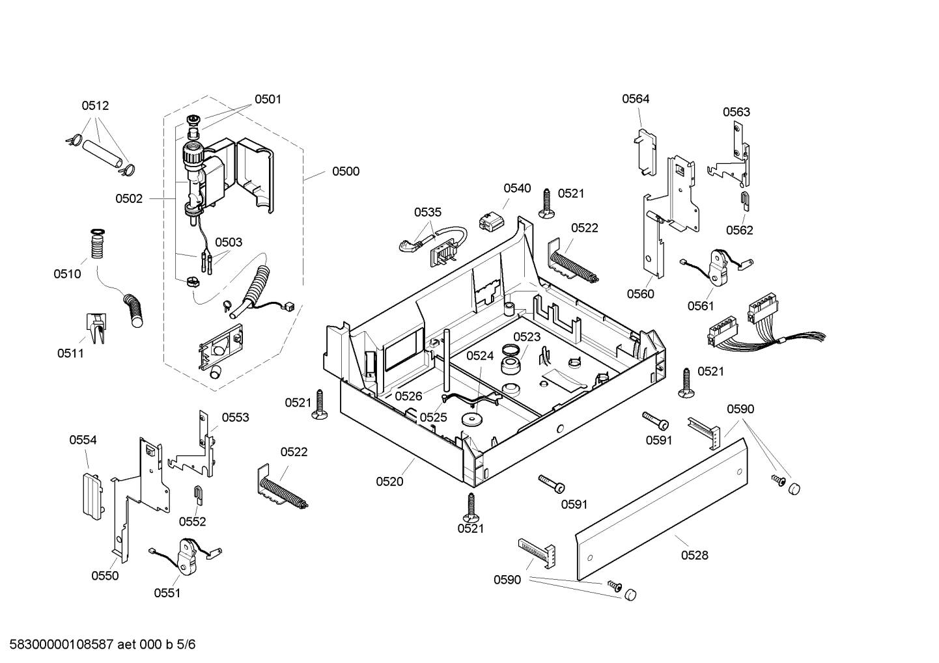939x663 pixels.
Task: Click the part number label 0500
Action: coord(345,172)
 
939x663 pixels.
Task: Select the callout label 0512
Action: coord(95,106)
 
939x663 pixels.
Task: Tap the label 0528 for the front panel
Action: coord(694,555)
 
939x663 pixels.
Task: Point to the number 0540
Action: coord(517,189)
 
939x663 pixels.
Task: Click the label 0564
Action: coord(635,99)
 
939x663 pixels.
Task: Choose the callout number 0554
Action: coord(83,440)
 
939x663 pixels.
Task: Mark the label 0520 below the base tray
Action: coord(389,481)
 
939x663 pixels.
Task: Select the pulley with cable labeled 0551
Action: coord(188,555)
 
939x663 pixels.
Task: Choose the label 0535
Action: coord(428,212)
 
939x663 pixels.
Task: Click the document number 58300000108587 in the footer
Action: coord(58,645)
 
